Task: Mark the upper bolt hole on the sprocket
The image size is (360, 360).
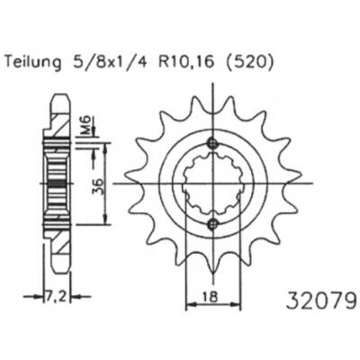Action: point(211,143)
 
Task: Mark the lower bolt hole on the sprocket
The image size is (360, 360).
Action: point(211,223)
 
